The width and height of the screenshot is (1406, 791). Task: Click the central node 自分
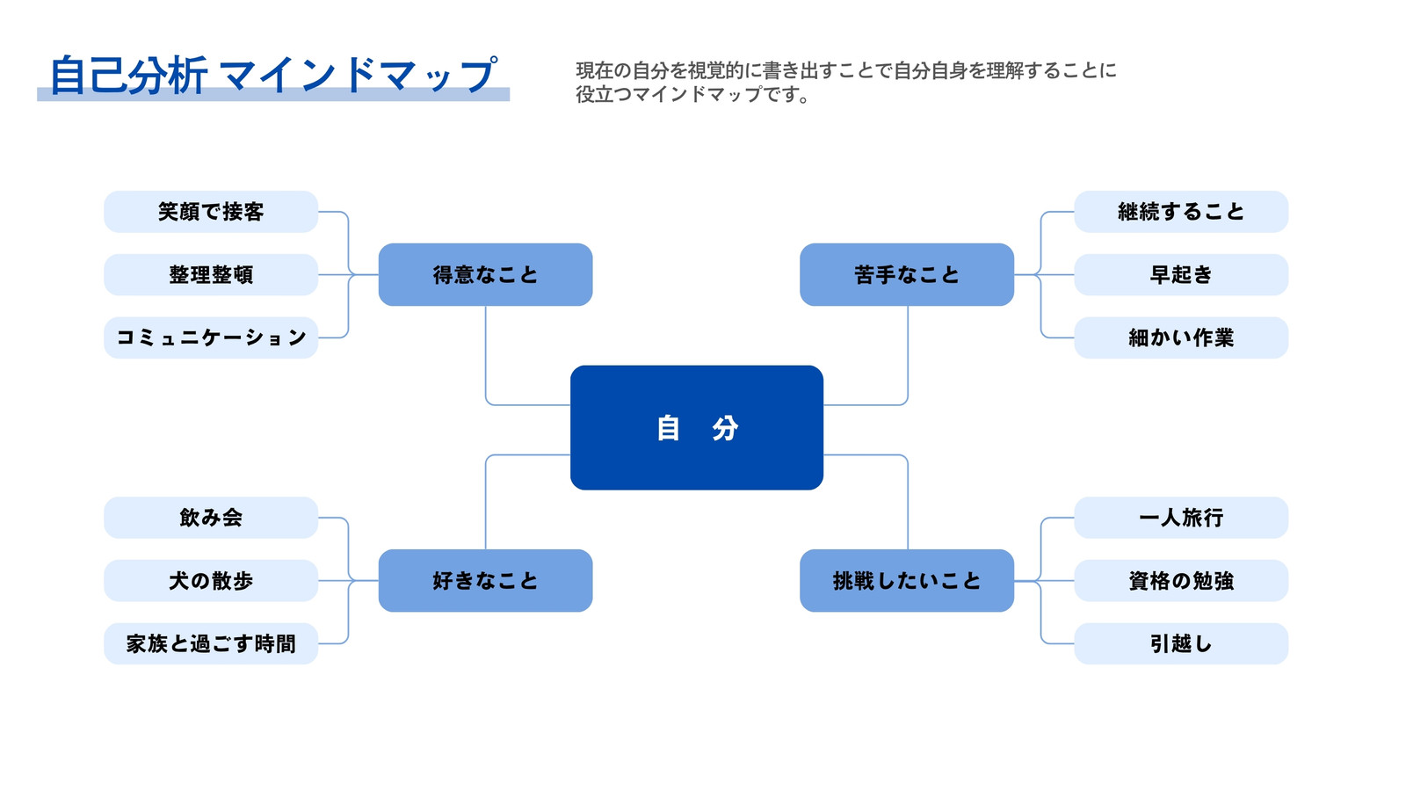pos(697,427)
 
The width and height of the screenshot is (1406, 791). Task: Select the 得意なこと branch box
pos(485,274)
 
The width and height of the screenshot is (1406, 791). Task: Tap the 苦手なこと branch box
pos(907,274)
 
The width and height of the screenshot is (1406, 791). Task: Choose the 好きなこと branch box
pos(485,581)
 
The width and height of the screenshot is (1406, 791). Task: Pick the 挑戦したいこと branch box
pos(907,581)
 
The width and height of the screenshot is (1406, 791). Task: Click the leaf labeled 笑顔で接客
pos(211,212)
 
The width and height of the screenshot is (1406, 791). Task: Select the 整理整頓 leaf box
pos(211,274)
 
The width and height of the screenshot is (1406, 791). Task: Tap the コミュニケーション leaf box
pos(211,337)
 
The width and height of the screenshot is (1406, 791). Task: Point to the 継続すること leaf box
pos(1181,212)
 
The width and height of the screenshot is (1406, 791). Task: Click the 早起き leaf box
pos(1181,274)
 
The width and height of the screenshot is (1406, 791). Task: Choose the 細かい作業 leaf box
pos(1181,337)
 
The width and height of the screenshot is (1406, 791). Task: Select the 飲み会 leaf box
pos(211,518)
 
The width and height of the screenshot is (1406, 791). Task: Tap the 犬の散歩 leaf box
pos(211,581)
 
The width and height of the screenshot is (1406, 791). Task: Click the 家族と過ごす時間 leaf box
pos(211,643)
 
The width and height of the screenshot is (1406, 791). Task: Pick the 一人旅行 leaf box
pos(1181,518)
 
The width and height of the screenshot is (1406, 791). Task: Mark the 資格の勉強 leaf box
pos(1181,581)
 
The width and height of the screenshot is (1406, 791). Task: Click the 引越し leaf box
pos(1181,643)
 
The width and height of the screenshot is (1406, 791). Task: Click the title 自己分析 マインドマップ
pos(273,76)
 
